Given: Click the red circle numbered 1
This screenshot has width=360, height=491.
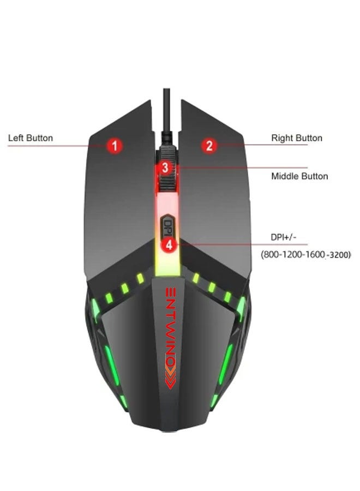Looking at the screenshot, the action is (x=115, y=146).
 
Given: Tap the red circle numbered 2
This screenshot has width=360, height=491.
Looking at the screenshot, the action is (x=209, y=146).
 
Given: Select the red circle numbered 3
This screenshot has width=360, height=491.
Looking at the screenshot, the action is (x=165, y=168).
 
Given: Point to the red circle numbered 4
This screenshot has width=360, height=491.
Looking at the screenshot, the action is (x=169, y=244).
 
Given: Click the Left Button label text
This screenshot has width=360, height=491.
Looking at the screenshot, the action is (x=31, y=138).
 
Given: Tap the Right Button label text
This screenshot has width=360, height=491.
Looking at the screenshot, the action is (x=297, y=138).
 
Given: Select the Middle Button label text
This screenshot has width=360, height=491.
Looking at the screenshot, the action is (x=299, y=176).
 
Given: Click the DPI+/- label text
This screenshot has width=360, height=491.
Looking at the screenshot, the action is (x=283, y=237).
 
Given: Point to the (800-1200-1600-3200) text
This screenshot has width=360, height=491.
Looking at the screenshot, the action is (x=306, y=254).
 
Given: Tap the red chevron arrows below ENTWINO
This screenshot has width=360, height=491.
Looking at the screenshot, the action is (x=170, y=378).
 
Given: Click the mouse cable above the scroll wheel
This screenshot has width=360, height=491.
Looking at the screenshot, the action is (x=166, y=115).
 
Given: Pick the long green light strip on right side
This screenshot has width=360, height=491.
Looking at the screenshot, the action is (x=226, y=364).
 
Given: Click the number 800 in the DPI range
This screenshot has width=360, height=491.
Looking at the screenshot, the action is (x=271, y=254).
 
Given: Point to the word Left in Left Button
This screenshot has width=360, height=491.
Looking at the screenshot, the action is (x=16, y=138).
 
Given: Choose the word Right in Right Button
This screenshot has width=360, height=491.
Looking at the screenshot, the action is (x=283, y=138).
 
